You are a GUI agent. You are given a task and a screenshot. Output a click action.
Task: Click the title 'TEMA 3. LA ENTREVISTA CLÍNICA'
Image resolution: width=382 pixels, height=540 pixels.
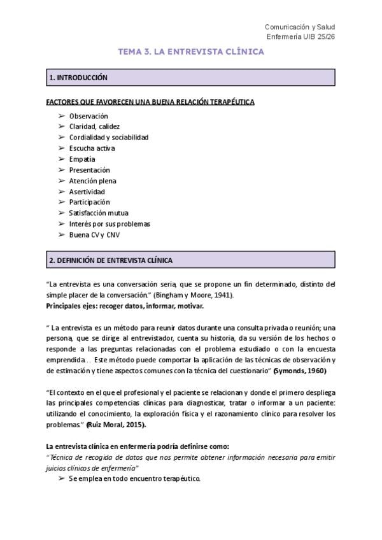[x=191, y=53]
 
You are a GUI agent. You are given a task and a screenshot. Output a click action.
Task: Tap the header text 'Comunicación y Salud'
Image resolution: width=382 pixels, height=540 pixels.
[x=299, y=27]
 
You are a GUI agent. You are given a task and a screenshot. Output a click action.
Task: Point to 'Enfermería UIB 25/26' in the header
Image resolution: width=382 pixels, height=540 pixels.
[x=299, y=37]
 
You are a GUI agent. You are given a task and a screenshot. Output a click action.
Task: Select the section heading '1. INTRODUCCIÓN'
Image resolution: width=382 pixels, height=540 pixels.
[x=78, y=78]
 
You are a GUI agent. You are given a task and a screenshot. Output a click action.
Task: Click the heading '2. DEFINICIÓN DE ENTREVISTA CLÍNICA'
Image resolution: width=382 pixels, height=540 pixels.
[x=110, y=260]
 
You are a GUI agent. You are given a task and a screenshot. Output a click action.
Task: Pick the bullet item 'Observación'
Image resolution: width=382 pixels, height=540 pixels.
[x=88, y=116]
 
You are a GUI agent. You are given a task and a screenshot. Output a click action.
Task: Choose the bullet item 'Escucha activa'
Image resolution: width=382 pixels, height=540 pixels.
[x=92, y=148]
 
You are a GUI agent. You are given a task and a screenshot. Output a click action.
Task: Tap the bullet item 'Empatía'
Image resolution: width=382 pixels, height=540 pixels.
[x=82, y=159]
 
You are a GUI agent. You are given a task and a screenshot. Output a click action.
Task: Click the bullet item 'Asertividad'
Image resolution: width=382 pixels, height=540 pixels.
[x=87, y=192]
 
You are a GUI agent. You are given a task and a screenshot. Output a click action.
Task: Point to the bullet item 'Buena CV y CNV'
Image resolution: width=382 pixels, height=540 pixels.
[x=94, y=235]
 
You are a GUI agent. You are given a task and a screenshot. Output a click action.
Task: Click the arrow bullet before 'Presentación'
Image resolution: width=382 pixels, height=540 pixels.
[x=61, y=170]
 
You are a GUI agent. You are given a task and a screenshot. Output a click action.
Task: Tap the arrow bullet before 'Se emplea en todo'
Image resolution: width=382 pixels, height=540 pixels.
[x=61, y=478]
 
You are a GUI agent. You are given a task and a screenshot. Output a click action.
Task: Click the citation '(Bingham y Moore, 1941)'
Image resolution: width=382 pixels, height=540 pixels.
[x=198, y=295]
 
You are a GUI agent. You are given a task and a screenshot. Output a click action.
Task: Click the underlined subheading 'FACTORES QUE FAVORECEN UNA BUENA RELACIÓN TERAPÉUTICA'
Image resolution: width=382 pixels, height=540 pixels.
[x=151, y=102]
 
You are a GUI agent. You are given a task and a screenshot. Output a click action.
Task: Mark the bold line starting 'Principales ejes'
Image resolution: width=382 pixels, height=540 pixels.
[x=125, y=306]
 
